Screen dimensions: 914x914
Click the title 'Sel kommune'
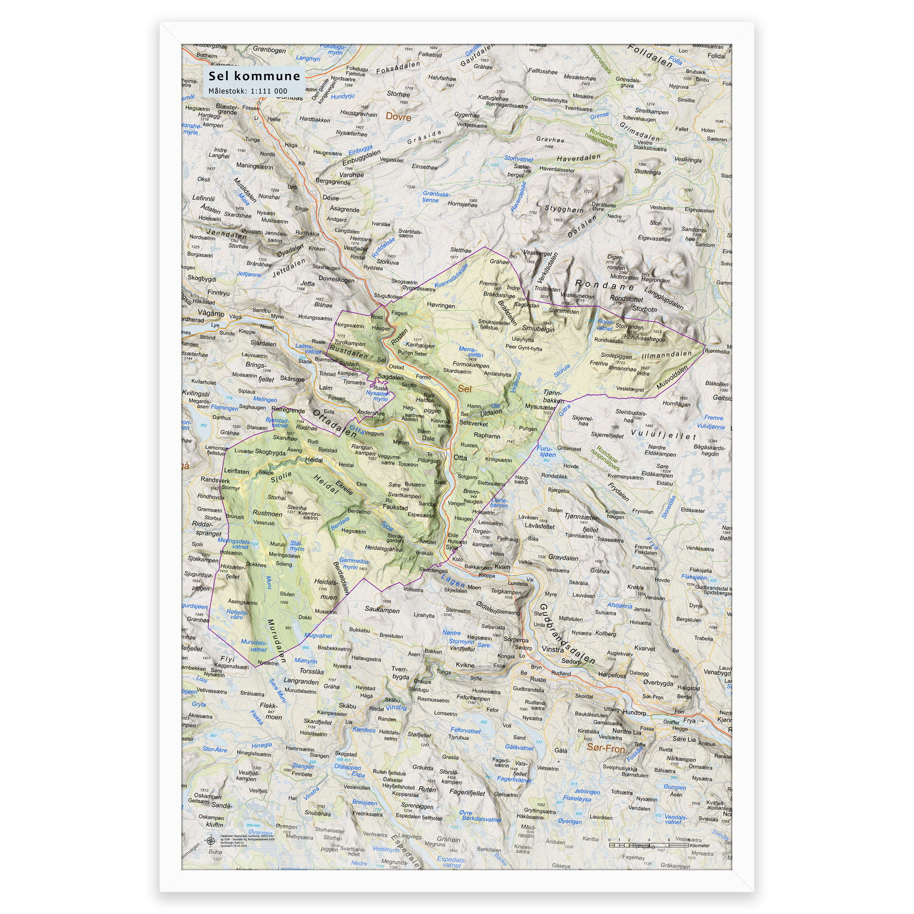tap(254, 76)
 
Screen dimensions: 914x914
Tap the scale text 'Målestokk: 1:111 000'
tap(248, 91)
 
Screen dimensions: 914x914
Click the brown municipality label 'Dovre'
tap(399, 117)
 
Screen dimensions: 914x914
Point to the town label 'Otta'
tap(460, 457)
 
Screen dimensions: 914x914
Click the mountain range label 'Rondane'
tap(604, 285)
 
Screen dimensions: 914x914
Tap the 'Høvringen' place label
tap(440, 306)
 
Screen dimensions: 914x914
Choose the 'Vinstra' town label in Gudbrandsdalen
tap(553, 649)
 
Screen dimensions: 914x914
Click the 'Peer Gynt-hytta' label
tap(523, 347)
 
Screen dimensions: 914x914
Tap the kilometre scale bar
tap(648, 845)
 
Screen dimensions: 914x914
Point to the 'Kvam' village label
tap(502, 567)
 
